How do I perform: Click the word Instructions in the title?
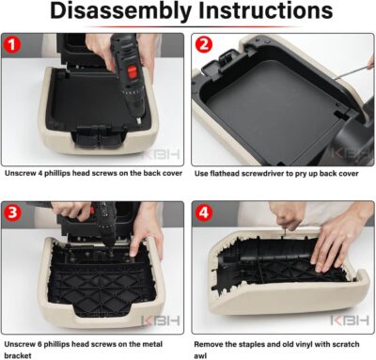click(x=266, y=10)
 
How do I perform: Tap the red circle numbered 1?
click(x=12, y=45)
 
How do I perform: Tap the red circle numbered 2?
click(x=204, y=45)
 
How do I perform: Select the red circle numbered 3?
click(x=12, y=212)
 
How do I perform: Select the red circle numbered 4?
click(x=204, y=212)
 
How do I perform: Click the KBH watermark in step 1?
click(x=162, y=154)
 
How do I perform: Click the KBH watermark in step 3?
click(x=161, y=321)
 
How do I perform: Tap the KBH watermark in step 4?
click(x=350, y=321)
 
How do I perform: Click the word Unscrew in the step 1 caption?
click(x=20, y=173)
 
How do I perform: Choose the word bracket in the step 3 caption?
click(x=18, y=356)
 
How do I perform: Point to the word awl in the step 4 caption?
click(x=200, y=356)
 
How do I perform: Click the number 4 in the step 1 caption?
click(x=39, y=173)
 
